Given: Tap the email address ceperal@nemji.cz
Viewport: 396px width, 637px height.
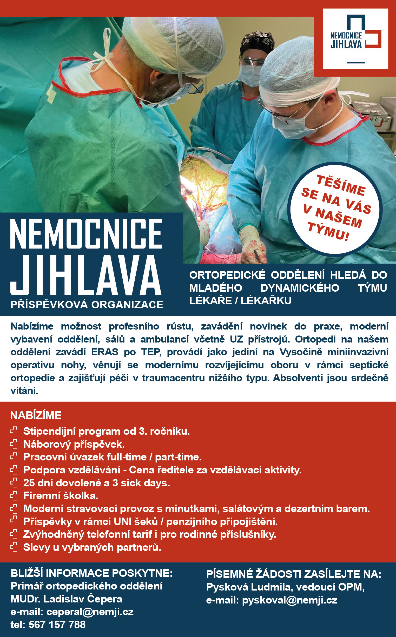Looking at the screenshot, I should pyautogui.click(x=90, y=612).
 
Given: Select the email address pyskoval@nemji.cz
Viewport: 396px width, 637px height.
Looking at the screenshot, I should pyautogui.click(x=289, y=600).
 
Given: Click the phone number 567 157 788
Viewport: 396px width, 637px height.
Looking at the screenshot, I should pyautogui.click(x=57, y=625).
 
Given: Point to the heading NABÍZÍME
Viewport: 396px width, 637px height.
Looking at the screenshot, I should pyautogui.click(x=36, y=415).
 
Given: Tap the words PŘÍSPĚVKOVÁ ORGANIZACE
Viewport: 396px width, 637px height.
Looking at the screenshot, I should pyautogui.click(x=87, y=305).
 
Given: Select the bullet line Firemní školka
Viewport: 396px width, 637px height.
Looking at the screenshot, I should pyautogui.click(x=61, y=496).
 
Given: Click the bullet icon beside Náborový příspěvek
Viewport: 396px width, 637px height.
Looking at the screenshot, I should pyautogui.click(x=13, y=444).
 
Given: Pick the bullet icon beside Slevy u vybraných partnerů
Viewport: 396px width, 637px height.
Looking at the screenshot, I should pyautogui.click(x=13, y=547).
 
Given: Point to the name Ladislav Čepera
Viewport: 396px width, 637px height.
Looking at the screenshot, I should pyautogui.click(x=83, y=599).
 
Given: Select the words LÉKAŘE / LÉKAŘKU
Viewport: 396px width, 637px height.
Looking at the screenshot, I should pyautogui.click(x=240, y=301).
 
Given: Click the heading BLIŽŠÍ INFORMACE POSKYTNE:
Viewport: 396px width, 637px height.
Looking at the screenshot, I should pyautogui.click(x=92, y=573).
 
